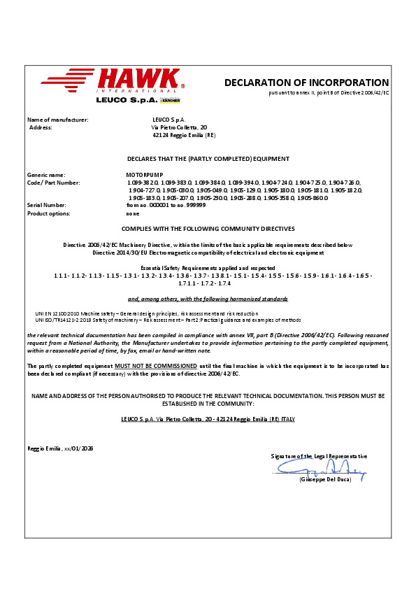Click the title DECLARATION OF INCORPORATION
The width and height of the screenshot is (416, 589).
[306, 83]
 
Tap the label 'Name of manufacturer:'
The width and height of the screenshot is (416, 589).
[57, 120]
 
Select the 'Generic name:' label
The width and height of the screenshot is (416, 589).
[46, 175]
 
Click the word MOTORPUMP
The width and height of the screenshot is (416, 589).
[130, 175]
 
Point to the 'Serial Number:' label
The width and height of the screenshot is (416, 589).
[48, 206]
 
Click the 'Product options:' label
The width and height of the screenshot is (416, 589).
[50, 213]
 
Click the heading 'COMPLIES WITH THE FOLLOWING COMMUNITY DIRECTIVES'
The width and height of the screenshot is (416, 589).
[208, 229]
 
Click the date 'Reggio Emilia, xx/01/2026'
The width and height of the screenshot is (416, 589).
[60, 448]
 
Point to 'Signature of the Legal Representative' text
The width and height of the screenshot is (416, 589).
[319, 456]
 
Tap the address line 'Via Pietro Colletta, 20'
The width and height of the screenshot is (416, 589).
[179, 127]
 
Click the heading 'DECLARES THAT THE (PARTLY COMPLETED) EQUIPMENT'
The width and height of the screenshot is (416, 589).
[208, 159]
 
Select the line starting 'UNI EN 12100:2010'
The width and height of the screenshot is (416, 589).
[147, 314]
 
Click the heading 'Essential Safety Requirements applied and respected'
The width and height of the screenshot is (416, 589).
[208, 268]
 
